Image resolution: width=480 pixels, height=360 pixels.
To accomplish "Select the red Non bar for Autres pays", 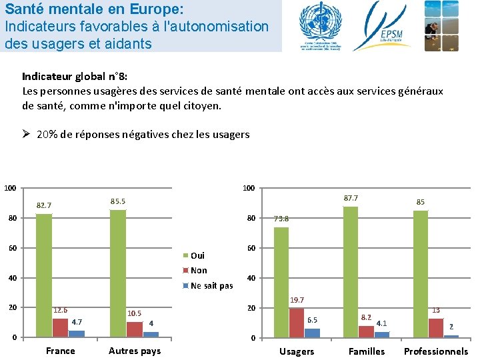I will click(x=135, y=329).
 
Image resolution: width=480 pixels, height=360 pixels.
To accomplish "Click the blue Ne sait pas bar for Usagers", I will click(x=312, y=333).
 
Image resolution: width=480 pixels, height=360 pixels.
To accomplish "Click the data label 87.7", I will click(x=351, y=198).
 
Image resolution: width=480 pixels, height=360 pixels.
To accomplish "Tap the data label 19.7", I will click(x=296, y=301).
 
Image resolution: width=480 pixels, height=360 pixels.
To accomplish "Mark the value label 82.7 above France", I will click(x=44, y=205).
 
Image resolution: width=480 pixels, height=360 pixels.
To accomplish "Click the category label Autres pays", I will click(x=135, y=351).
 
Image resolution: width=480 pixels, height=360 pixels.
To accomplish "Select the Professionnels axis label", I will click(x=436, y=351).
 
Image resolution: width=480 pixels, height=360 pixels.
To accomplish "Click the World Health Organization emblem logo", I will click(x=319, y=25).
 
